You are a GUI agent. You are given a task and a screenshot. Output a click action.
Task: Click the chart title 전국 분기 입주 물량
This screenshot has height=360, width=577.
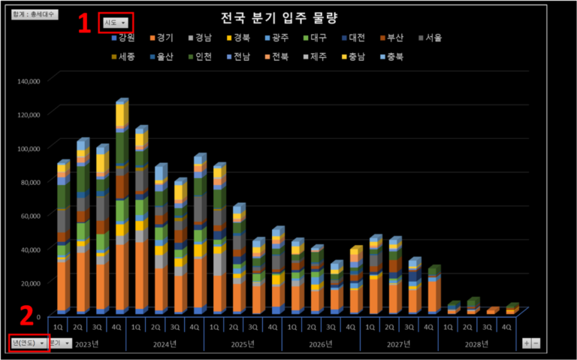point(288,17)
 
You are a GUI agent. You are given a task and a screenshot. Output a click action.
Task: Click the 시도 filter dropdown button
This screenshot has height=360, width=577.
point(115,23)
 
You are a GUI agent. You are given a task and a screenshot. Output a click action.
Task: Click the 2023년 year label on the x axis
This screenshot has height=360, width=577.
point(86,343)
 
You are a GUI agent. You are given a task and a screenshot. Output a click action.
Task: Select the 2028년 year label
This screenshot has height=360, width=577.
point(477,343)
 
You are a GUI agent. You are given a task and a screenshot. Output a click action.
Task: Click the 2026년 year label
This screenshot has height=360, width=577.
point(321,343)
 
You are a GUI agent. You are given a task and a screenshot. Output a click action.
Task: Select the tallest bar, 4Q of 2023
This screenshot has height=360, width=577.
point(121,210)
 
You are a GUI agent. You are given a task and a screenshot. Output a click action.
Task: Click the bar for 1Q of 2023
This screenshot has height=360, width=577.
point(62,241)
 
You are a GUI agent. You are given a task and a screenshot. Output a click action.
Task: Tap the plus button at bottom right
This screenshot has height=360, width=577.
point(526,343)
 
